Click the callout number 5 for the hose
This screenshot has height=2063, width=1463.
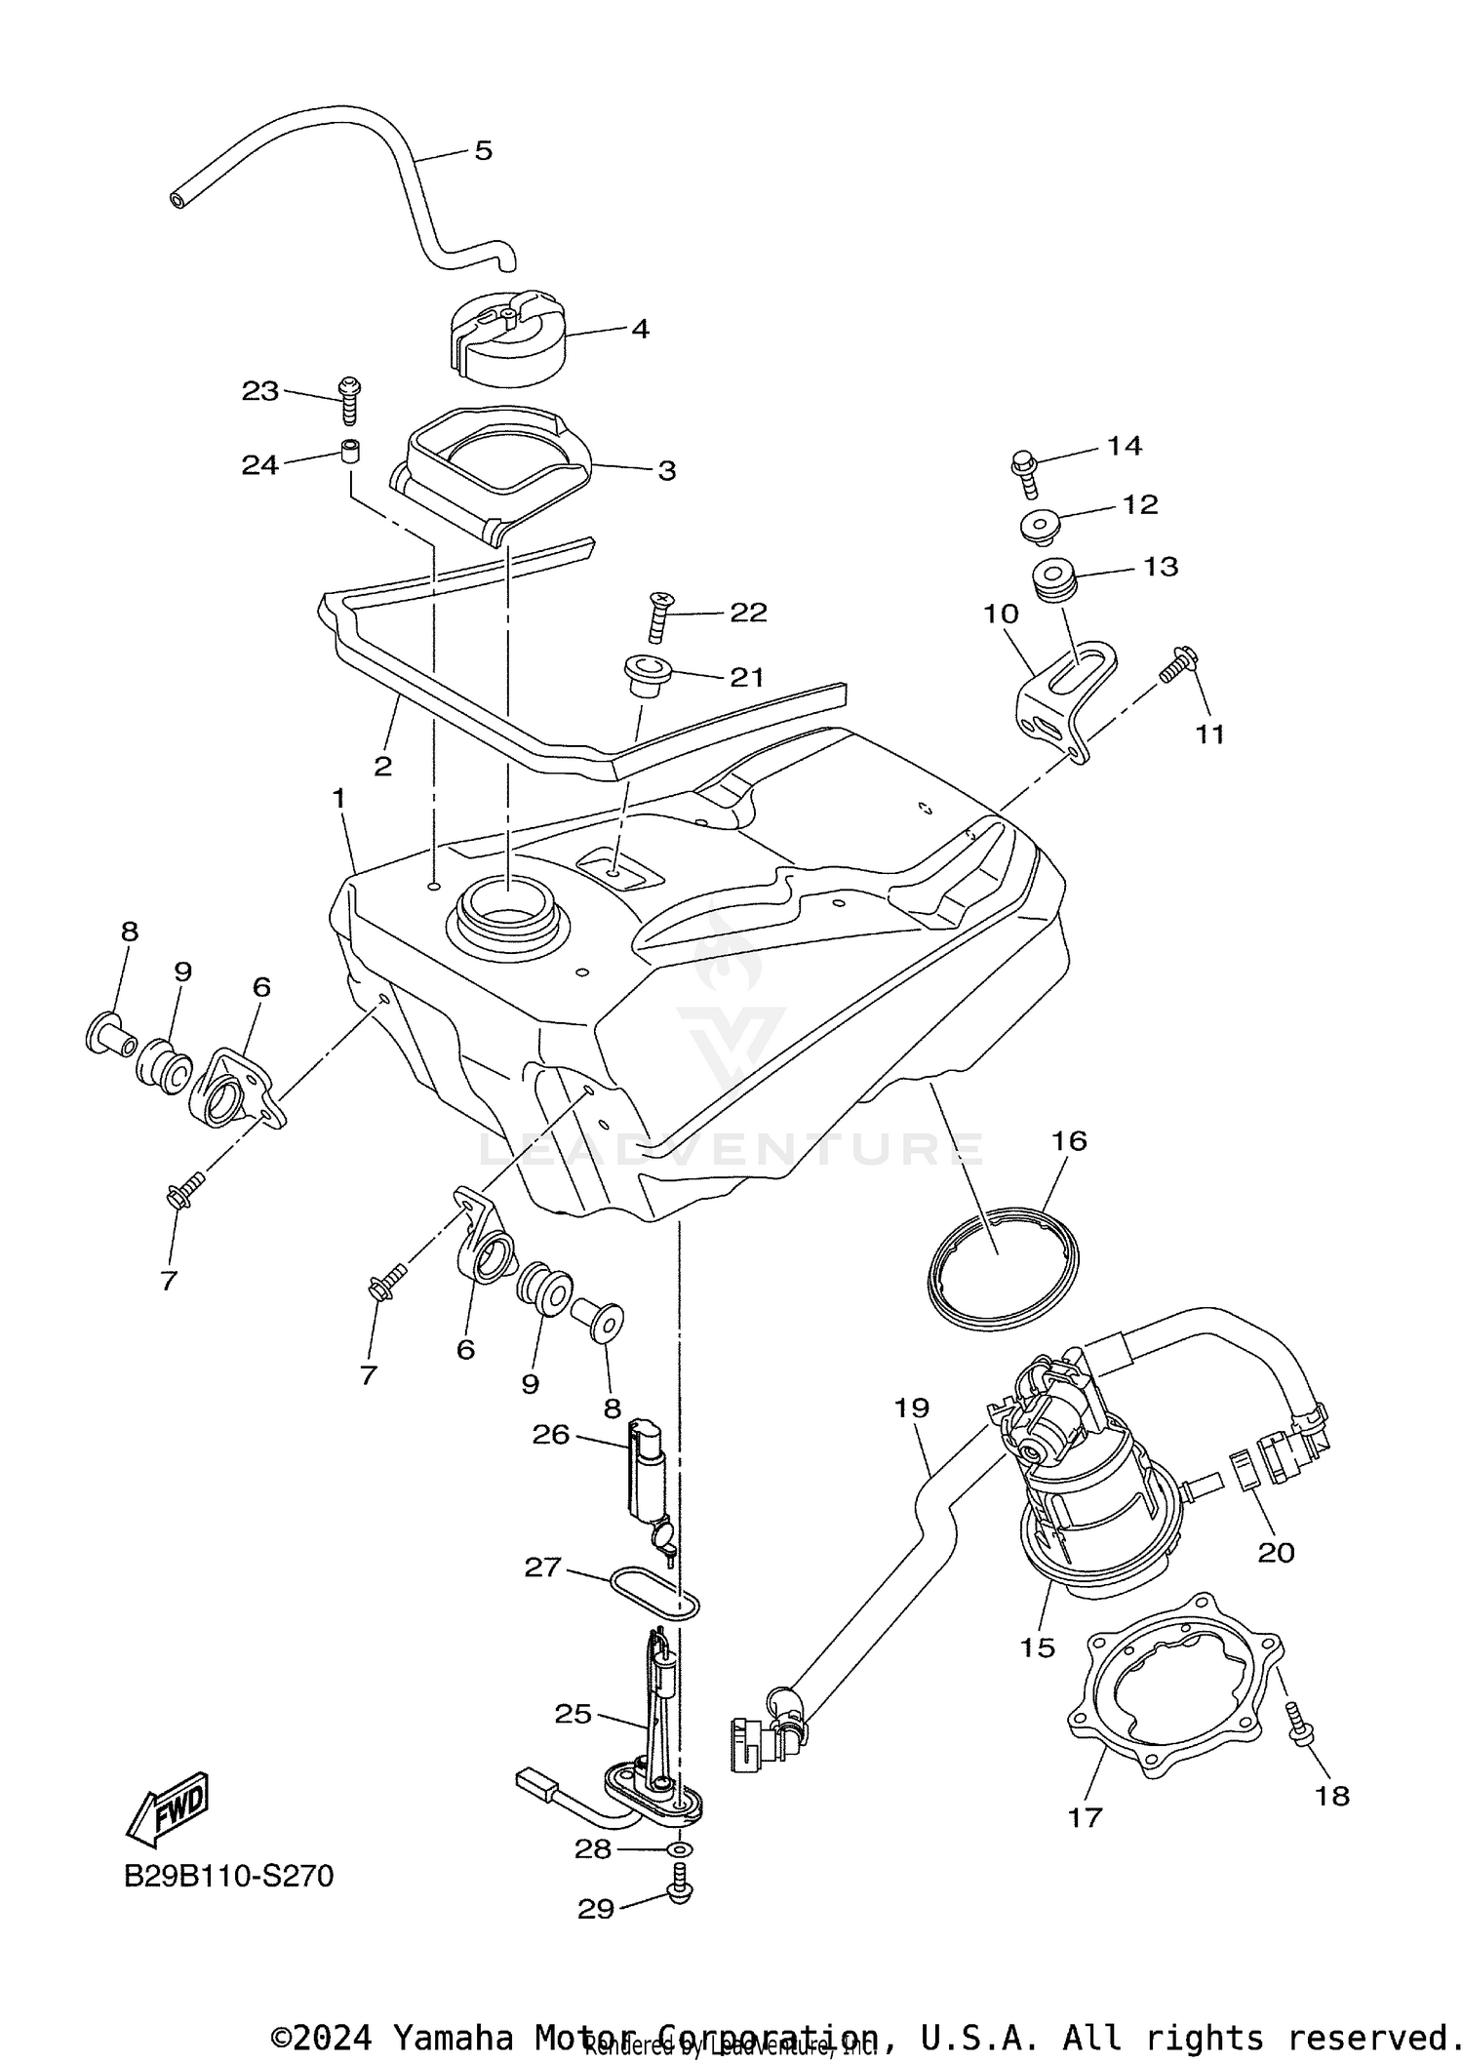(484, 150)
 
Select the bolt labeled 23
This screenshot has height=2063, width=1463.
(348, 401)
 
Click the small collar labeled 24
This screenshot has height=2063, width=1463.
(350, 452)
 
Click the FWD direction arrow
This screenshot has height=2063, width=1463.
(169, 1806)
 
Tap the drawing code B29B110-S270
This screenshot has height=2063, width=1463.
(228, 1876)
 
